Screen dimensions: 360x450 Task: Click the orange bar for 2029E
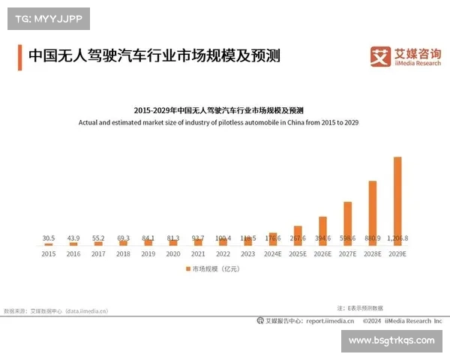tap(397, 201)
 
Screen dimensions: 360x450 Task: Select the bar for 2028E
tap(372, 213)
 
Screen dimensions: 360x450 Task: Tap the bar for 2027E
tap(347, 223)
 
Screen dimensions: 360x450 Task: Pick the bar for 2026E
tap(322, 231)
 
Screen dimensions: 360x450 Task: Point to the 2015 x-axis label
tap(49, 253)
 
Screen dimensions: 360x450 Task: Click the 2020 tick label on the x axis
tap(173, 253)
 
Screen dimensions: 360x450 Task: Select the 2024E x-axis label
tap(273, 253)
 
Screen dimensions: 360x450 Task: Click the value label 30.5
tap(49, 238)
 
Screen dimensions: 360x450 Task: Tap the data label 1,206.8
tap(397, 238)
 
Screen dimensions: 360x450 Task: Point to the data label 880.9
tap(372, 238)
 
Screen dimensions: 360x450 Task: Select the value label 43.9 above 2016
tap(73, 238)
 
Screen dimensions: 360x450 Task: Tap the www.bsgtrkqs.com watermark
tap(392, 340)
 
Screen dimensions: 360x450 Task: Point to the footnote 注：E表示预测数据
tap(360, 307)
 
